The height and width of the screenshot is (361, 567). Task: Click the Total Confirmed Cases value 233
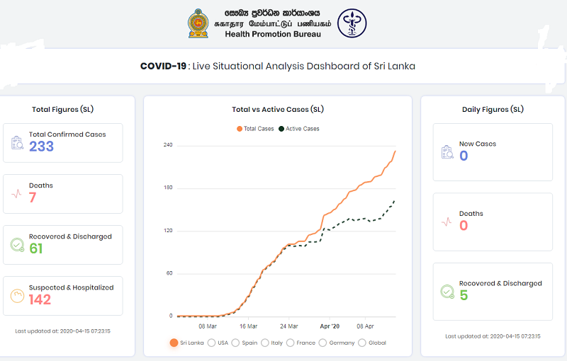(x=41, y=147)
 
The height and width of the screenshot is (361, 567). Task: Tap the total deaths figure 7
(x=33, y=197)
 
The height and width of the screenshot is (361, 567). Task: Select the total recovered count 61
(x=36, y=248)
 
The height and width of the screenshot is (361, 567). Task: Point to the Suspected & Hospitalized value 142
(x=40, y=299)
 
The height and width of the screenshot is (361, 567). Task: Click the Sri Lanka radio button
(x=174, y=343)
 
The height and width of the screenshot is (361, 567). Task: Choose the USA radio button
(x=211, y=343)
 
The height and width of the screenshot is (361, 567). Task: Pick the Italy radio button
(x=265, y=343)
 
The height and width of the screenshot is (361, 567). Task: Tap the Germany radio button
(x=323, y=343)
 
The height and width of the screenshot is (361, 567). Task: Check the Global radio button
(x=362, y=343)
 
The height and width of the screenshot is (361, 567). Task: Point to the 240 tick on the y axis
(x=168, y=145)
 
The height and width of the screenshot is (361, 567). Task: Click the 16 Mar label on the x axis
(x=248, y=326)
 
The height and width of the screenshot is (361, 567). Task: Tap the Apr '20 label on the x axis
(x=330, y=326)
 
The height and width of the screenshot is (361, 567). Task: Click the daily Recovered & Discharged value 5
(x=464, y=295)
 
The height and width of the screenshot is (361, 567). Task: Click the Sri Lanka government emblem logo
(x=198, y=23)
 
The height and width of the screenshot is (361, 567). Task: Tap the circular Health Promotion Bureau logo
(x=352, y=23)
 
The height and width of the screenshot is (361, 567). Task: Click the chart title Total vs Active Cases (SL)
(x=278, y=110)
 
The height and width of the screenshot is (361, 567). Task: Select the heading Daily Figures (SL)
(x=493, y=110)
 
